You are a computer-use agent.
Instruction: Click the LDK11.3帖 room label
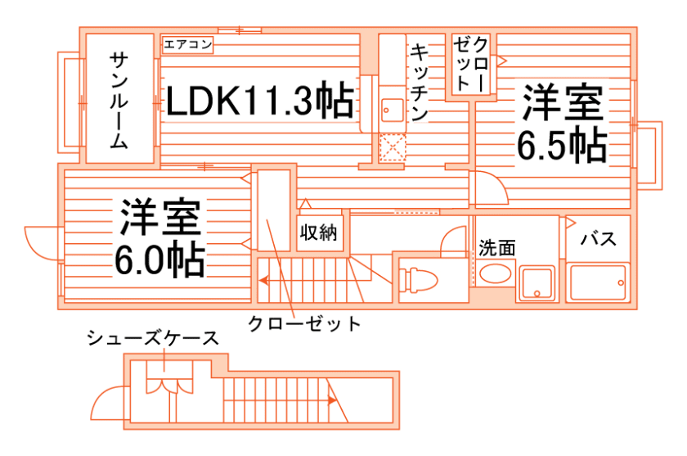tap(260, 101)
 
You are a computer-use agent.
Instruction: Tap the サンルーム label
tap(119, 100)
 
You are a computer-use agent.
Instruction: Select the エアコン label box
tap(188, 44)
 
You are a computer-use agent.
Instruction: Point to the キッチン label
tap(420, 82)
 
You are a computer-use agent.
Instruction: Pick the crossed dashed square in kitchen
tap(393, 148)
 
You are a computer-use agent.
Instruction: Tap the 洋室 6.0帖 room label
tap(159, 238)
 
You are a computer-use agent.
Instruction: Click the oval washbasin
tap(494, 273)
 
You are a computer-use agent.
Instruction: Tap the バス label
tap(598, 239)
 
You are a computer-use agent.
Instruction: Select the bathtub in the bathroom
tap(598, 282)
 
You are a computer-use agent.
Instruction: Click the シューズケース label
tap(153, 338)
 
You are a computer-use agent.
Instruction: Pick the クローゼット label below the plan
tap(304, 323)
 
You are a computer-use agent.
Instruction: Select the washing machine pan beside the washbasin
tap(537, 282)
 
